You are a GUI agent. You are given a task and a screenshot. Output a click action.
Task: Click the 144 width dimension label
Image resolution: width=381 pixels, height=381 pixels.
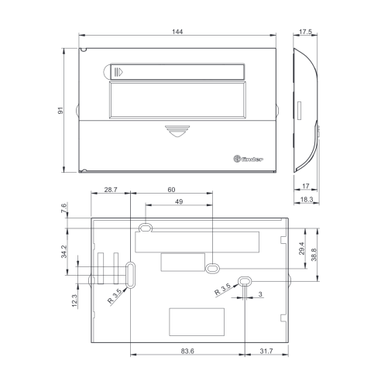point(177,32)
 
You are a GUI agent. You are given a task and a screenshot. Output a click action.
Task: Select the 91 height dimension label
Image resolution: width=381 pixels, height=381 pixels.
point(60,111)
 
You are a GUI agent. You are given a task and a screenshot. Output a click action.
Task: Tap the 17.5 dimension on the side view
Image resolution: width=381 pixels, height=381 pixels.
point(305,32)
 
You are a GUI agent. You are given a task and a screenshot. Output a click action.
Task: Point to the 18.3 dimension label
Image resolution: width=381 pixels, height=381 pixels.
point(307,199)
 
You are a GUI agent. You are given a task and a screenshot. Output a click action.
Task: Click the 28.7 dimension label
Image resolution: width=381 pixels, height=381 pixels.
point(111,190)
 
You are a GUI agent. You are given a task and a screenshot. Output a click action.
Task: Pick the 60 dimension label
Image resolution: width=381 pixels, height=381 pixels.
point(171,190)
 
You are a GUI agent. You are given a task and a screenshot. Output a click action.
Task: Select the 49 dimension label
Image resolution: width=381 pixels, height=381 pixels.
point(179,201)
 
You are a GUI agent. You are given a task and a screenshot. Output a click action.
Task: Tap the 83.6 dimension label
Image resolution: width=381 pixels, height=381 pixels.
point(187,351)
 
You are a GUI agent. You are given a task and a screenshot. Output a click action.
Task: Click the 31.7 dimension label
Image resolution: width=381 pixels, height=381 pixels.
point(266,351)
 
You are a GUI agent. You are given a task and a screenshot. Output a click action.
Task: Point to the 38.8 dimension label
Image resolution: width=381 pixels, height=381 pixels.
point(314,255)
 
